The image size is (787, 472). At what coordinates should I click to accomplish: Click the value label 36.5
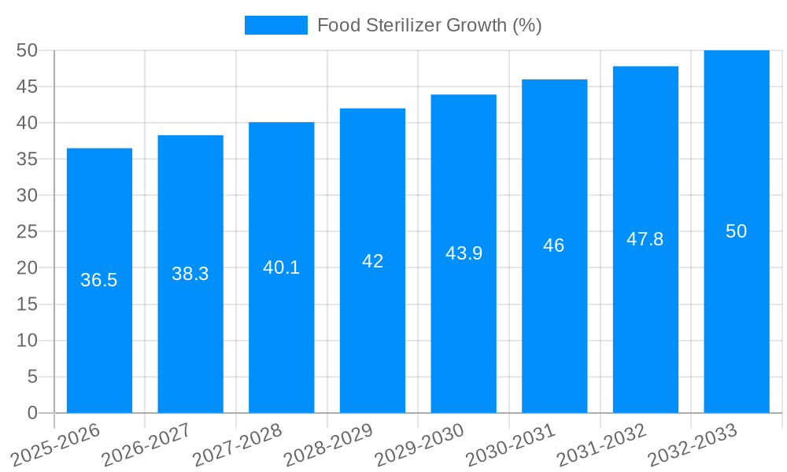point(99,280)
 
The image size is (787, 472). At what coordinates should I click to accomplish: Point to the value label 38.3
point(190,274)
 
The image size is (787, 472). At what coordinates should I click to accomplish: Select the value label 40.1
point(281,267)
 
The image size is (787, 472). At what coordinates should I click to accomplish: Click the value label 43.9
point(464,253)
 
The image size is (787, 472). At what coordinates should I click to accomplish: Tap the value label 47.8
point(645,239)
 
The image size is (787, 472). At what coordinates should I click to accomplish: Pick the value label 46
point(554,245)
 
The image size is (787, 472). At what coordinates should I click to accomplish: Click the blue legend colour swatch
point(276,25)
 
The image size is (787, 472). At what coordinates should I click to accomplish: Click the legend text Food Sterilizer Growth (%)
point(429,25)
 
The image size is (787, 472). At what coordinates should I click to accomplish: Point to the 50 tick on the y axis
point(28,50)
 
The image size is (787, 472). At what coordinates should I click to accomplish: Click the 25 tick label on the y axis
point(28,231)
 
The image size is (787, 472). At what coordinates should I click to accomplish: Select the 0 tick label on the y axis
point(32,413)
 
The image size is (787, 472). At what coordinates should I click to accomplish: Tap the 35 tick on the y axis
point(28,159)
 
